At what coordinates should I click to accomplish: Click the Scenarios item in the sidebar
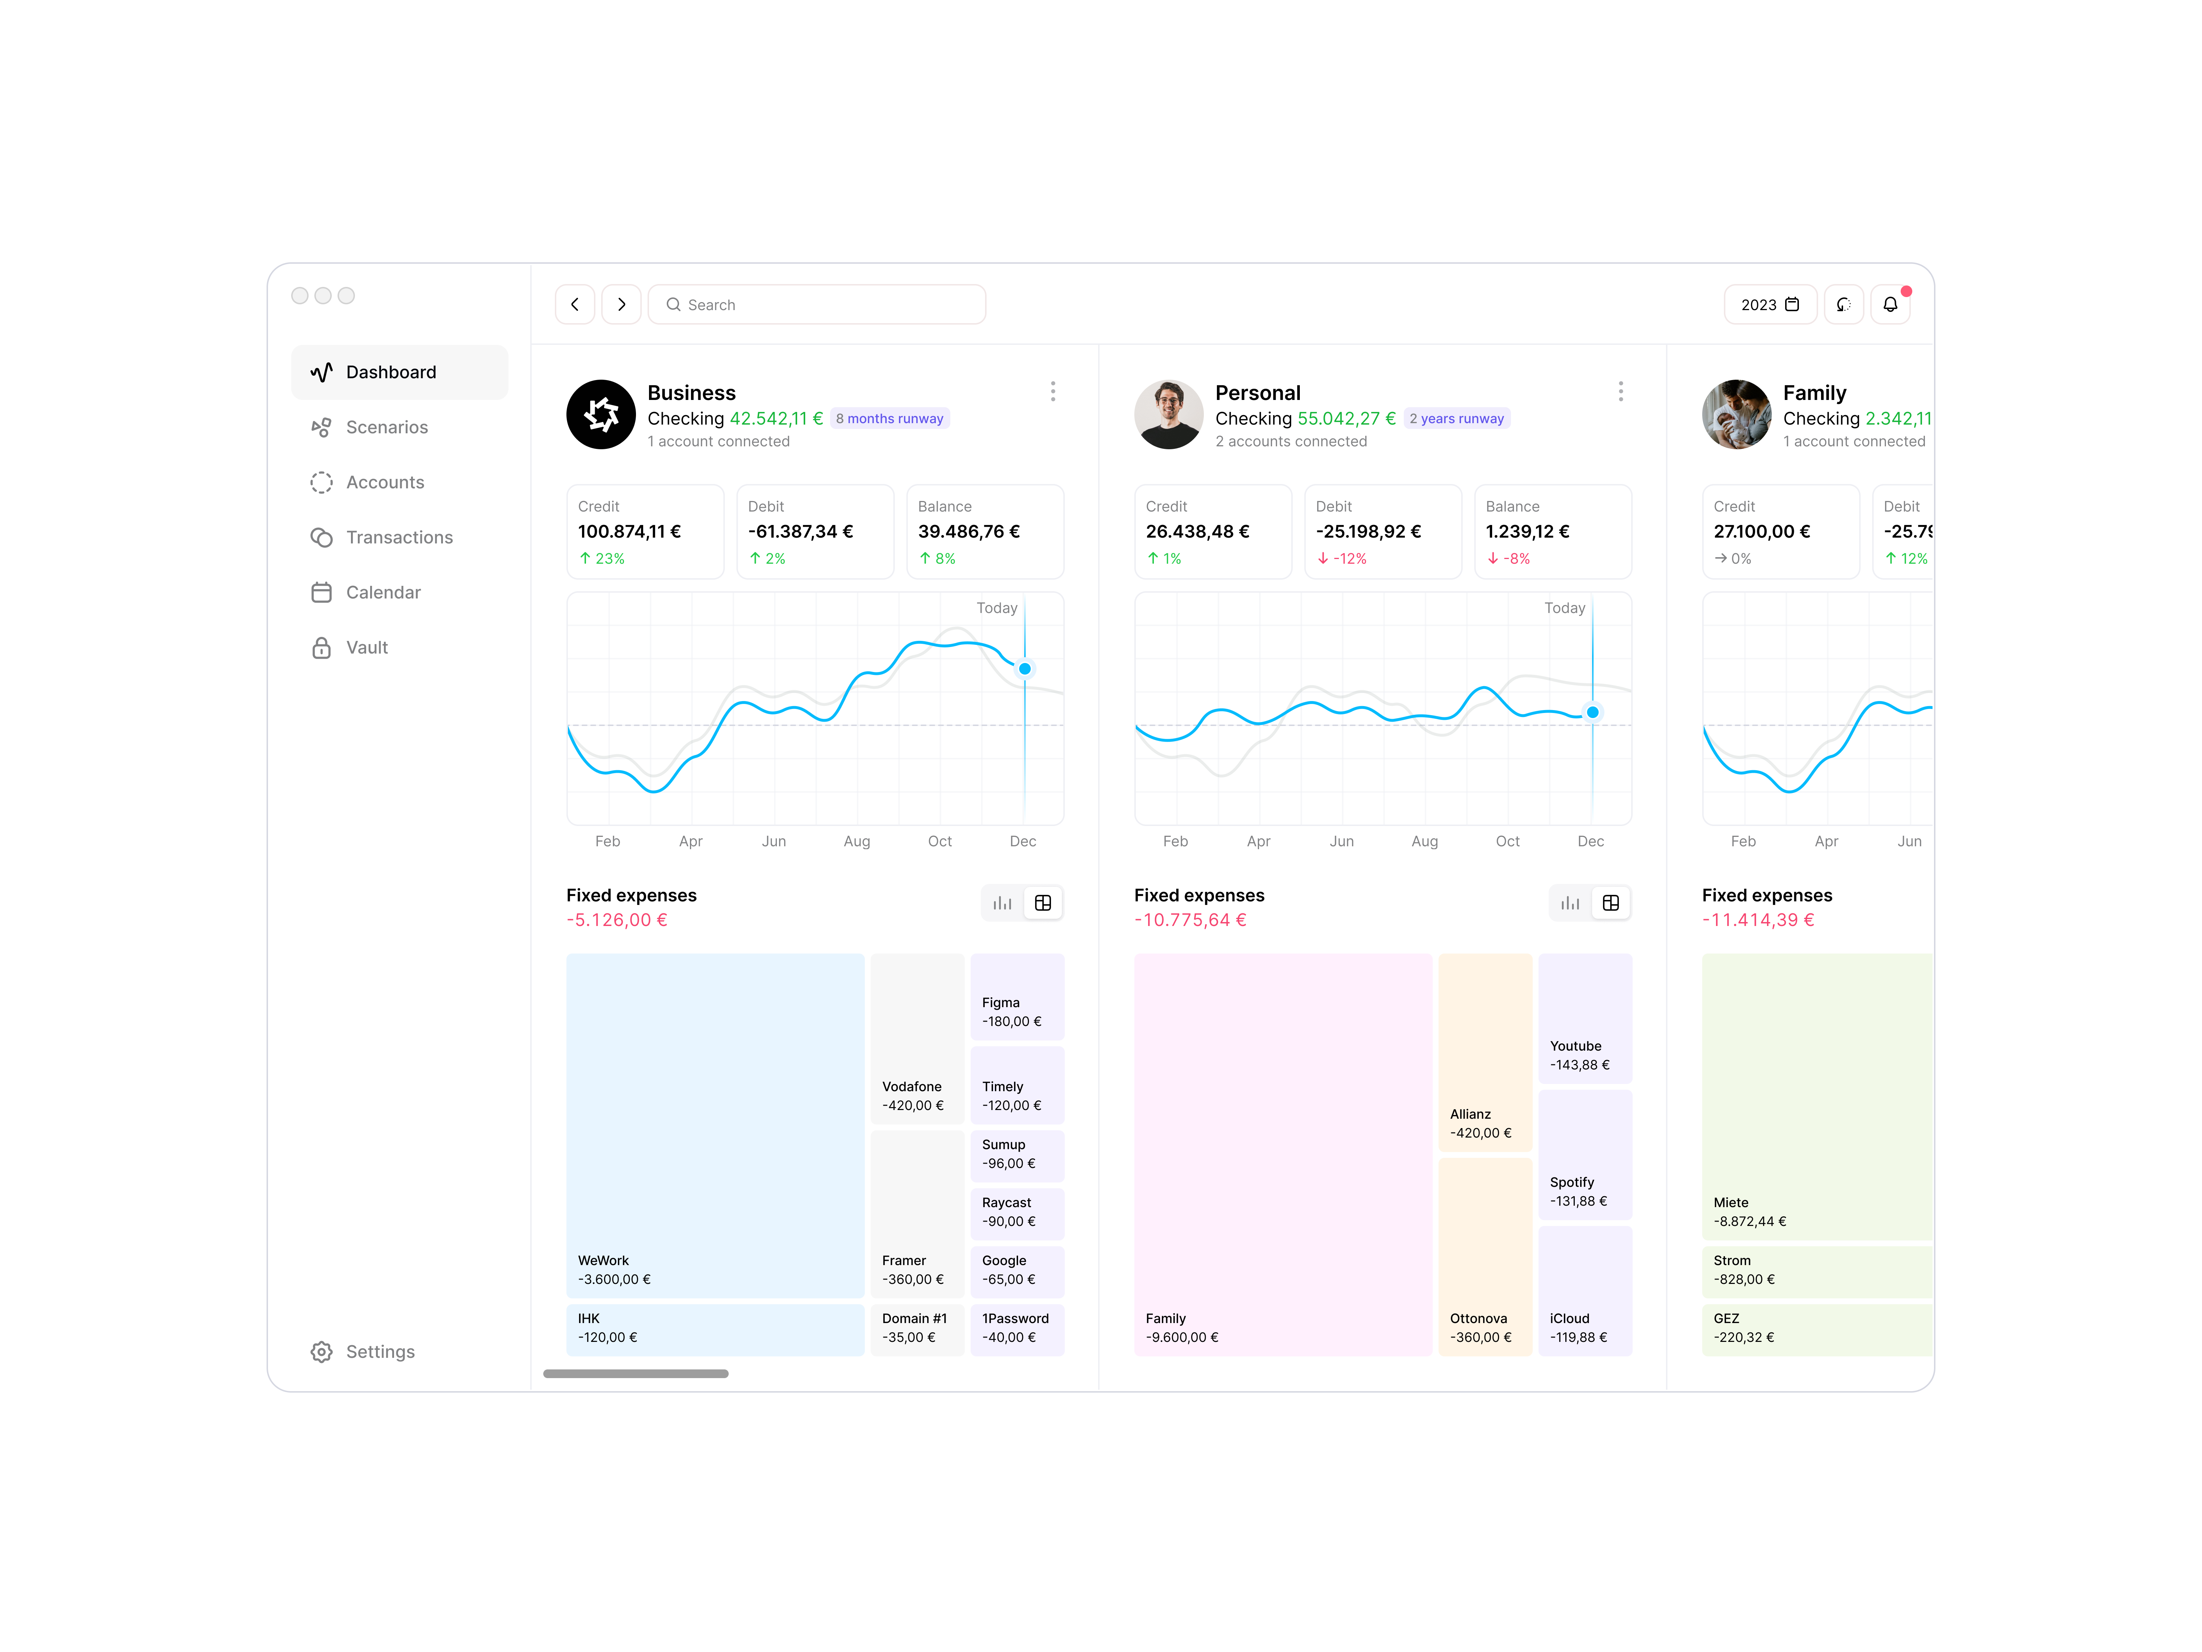[x=386, y=427]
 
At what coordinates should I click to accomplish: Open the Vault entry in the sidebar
[x=367, y=647]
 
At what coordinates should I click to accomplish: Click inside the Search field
[x=816, y=305]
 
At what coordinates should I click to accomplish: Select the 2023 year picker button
[x=1769, y=305]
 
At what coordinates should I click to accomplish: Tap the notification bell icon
[x=1889, y=305]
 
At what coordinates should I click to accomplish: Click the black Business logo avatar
[x=600, y=414]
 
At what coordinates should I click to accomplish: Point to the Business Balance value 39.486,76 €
[x=968, y=532]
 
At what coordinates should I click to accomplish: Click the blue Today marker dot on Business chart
[x=1024, y=669]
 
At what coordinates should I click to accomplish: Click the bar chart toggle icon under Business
[x=1001, y=903]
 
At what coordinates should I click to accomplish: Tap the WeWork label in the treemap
[x=603, y=1261]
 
